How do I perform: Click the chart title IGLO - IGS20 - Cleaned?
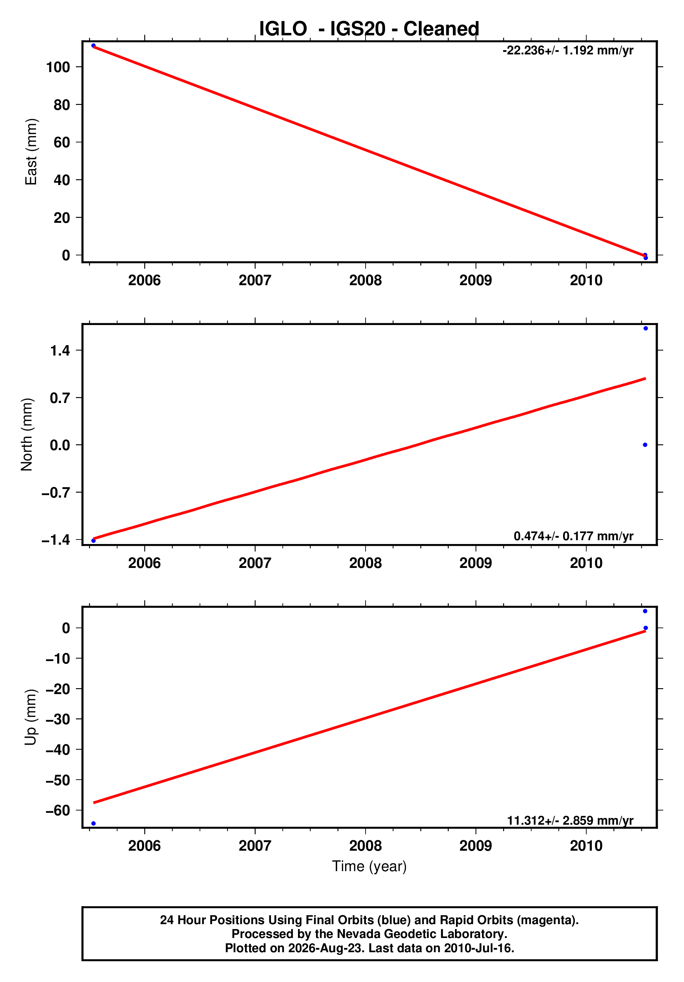tap(369, 29)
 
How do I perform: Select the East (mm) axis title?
tap(31, 152)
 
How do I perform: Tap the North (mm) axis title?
tap(27, 434)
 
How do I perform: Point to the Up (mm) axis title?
tap(31, 717)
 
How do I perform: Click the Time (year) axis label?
tap(369, 866)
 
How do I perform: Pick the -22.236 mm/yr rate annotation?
tap(568, 51)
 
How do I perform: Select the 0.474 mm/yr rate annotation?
tap(573, 536)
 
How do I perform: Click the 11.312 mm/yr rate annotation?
tap(570, 820)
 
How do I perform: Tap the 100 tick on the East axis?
tap(58, 67)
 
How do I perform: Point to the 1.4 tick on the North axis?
tap(60, 350)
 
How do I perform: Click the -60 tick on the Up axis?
tap(57, 810)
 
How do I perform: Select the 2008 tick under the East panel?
tap(365, 281)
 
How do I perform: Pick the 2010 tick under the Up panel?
tap(586, 845)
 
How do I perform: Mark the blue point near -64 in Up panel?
tap(94, 823)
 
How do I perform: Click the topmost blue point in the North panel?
tap(646, 328)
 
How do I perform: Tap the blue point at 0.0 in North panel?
tap(645, 445)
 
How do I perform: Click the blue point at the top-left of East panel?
tap(93, 46)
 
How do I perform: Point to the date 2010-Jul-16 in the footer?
tap(478, 948)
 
